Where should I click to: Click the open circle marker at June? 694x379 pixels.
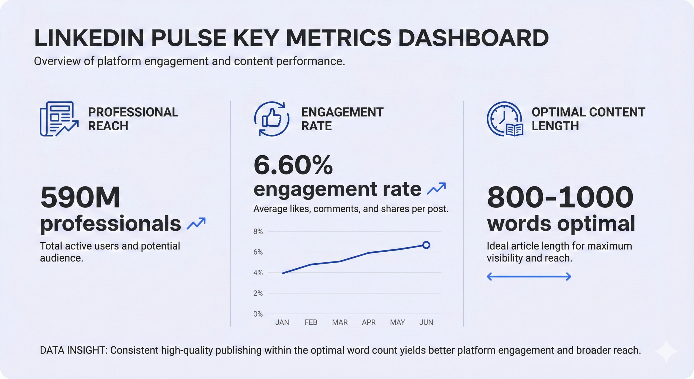point(426,245)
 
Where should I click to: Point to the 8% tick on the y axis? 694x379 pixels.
point(258,232)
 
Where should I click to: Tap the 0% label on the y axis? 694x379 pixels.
point(258,314)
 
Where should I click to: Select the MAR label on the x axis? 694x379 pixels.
point(340,322)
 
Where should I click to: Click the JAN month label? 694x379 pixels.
point(282,322)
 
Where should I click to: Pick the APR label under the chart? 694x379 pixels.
point(369,322)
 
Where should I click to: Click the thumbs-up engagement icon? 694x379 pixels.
point(272,119)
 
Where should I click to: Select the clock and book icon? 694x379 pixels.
point(505,119)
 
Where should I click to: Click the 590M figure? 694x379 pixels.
point(80,197)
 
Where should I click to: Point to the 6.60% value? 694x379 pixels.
point(293,165)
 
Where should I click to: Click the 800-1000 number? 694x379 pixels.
point(560,197)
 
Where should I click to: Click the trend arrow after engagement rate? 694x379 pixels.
point(436,188)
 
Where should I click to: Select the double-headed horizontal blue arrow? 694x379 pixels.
point(529,277)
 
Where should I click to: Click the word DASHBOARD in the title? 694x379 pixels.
point(473,38)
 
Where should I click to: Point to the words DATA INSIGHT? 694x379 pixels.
point(73,350)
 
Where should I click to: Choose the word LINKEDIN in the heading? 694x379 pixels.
point(89,38)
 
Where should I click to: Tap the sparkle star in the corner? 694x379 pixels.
point(666,351)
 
